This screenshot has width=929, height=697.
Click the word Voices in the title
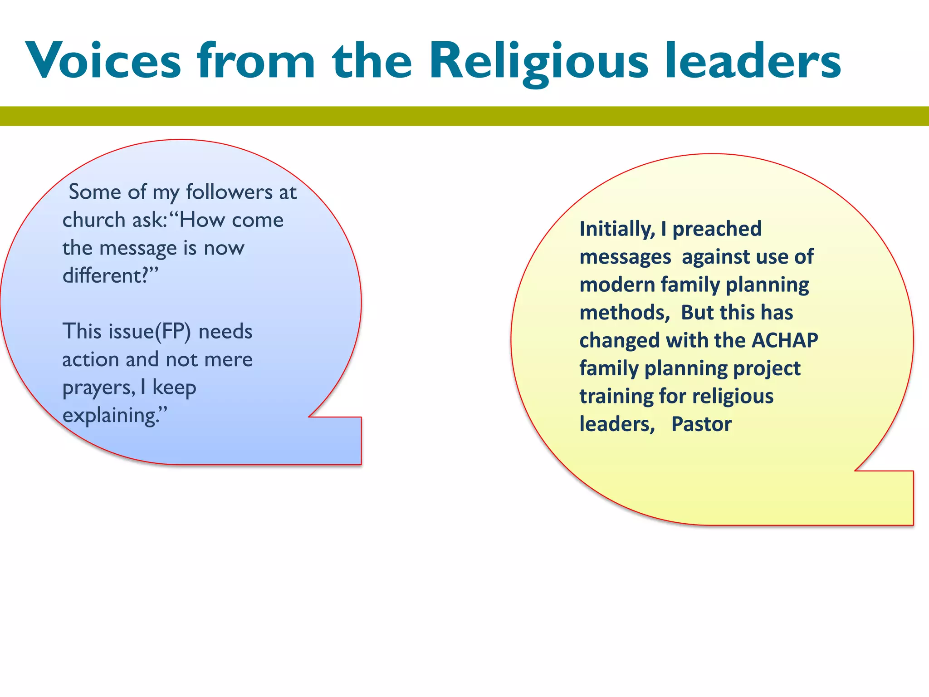pyautogui.click(x=103, y=61)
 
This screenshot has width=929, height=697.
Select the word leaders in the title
pyautogui.click(x=753, y=61)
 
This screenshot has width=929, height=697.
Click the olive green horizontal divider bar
pyautogui.click(x=464, y=116)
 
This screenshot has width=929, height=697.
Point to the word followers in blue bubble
pyautogui.click(x=229, y=192)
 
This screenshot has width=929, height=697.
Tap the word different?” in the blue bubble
pyautogui.click(x=110, y=276)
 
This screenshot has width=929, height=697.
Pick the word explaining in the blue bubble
pyautogui.click(x=113, y=416)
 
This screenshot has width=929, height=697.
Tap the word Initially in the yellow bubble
pyautogui.click(x=617, y=229)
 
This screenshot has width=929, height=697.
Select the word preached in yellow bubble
pyautogui.click(x=717, y=229)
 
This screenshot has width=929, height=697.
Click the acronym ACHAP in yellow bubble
pyautogui.click(x=785, y=340)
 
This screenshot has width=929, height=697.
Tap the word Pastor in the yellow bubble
pyautogui.click(x=701, y=424)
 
